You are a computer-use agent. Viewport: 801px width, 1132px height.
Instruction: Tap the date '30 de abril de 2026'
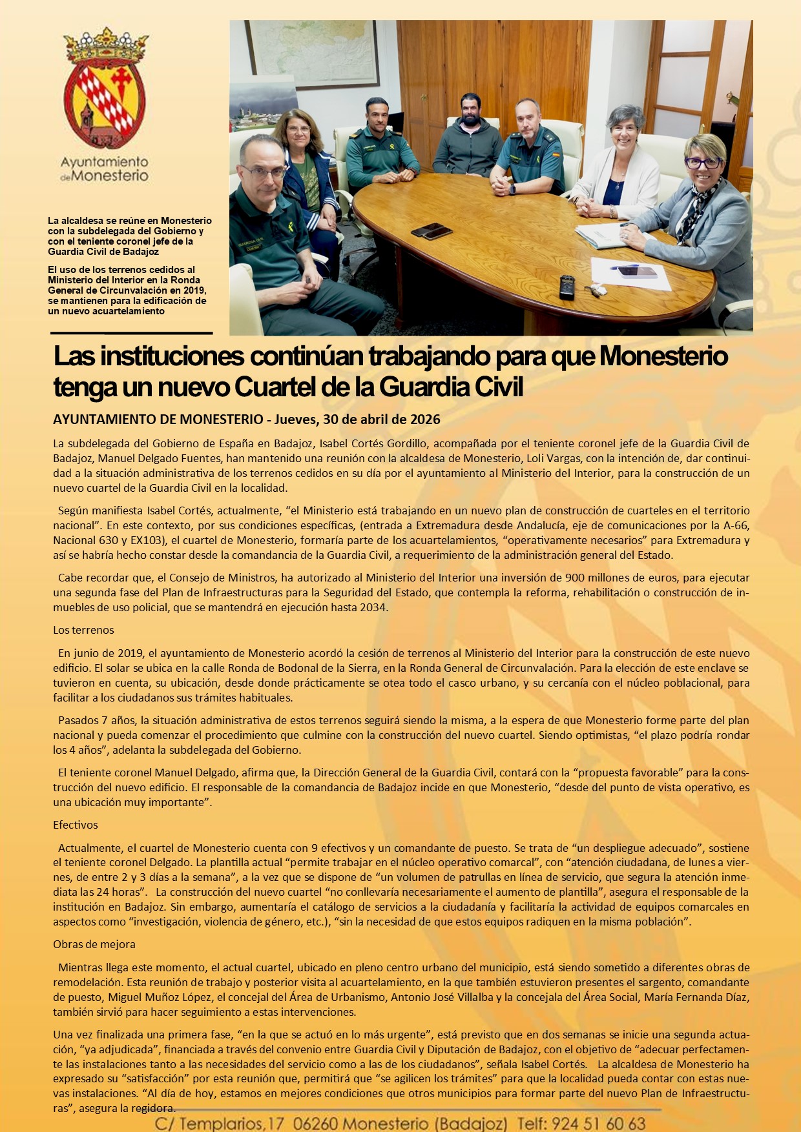pos(381,419)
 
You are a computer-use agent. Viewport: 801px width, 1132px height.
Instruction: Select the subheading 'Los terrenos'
pos(83,630)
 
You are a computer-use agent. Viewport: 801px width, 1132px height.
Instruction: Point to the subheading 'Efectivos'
pos(76,825)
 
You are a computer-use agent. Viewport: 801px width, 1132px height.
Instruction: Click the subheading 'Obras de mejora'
pos(94,944)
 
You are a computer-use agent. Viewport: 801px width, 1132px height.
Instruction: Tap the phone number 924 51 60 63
pos(599,1124)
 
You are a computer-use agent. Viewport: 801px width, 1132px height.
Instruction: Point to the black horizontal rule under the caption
pos(132,333)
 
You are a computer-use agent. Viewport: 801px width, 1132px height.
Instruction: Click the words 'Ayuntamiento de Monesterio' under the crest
pos(105,168)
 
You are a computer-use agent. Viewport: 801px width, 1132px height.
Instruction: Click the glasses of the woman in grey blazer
pos(703,163)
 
